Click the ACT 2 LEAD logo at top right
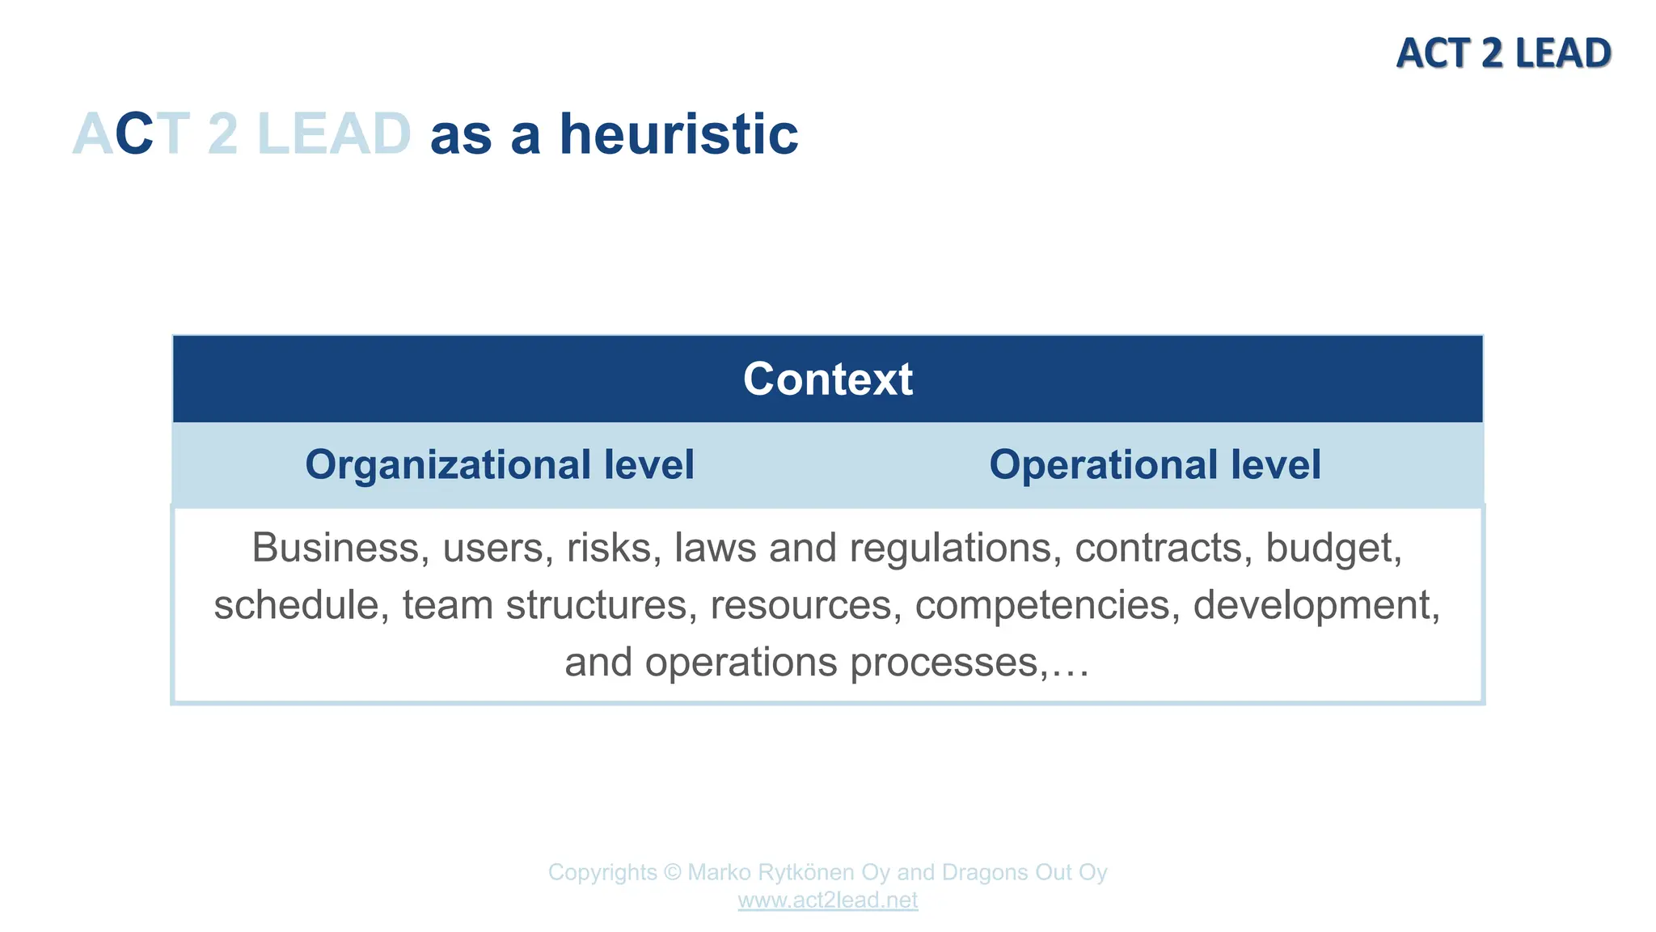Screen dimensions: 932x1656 point(1503,53)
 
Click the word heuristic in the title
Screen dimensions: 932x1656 point(678,134)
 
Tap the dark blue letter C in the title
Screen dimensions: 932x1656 point(134,134)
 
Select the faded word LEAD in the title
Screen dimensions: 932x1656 point(334,134)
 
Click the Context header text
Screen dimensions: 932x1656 point(827,379)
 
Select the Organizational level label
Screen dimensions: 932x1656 point(499,464)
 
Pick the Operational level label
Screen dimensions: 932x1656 point(1155,464)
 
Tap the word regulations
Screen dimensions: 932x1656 point(955,548)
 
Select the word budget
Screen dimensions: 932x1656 point(1333,548)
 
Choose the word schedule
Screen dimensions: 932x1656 point(296,605)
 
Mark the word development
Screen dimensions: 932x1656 point(1316,605)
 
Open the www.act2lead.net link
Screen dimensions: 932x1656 point(827,900)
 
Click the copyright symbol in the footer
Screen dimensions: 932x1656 point(672,872)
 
